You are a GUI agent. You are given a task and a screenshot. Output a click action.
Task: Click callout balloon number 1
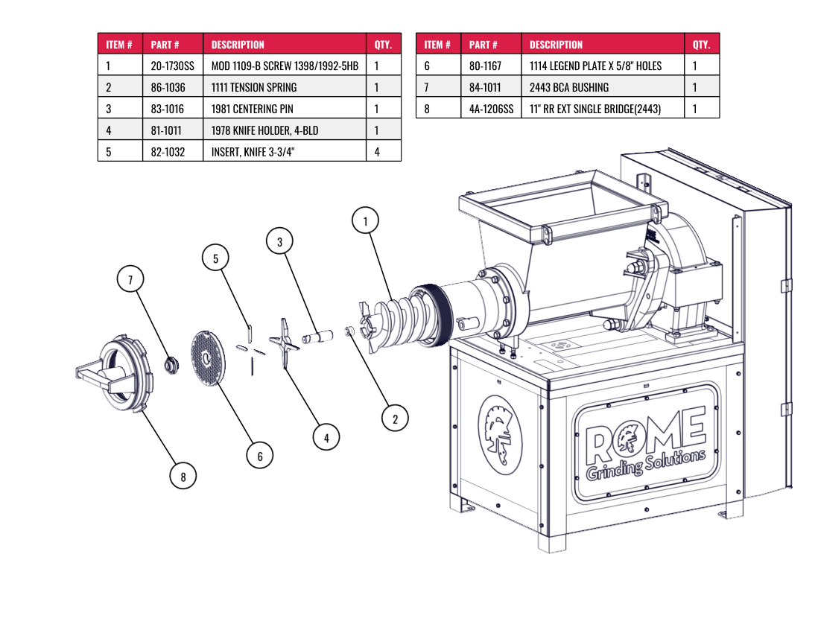pyautogui.click(x=365, y=221)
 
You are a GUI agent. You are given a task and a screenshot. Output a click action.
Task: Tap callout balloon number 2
pyautogui.click(x=395, y=419)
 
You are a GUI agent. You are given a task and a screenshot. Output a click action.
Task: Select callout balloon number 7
pyautogui.click(x=130, y=280)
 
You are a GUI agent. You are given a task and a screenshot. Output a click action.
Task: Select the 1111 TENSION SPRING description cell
pyautogui.click(x=254, y=87)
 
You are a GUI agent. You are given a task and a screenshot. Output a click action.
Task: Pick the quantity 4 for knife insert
pyautogui.click(x=377, y=152)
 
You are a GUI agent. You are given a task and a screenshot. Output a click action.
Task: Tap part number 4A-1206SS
pyautogui.click(x=491, y=109)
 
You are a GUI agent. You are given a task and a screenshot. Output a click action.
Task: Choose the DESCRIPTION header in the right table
pyautogui.click(x=556, y=45)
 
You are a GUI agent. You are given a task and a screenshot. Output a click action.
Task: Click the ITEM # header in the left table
pyautogui.click(x=119, y=45)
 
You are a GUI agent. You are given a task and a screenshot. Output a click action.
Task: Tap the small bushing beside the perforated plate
pyautogui.click(x=172, y=365)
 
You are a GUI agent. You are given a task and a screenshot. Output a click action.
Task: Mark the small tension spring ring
pyautogui.click(x=349, y=331)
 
